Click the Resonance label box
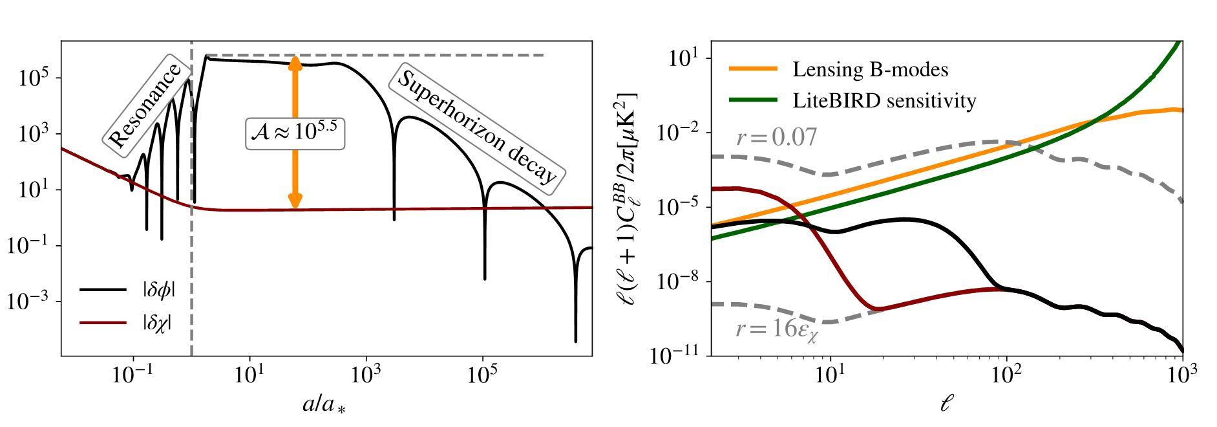[145, 105]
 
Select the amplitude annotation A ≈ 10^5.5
[295, 133]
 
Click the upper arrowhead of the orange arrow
[295, 63]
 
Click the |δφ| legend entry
[128, 290]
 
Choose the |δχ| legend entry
[127, 322]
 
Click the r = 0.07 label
[776, 137]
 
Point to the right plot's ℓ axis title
[947, 404]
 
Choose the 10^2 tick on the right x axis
[1006, 375]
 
